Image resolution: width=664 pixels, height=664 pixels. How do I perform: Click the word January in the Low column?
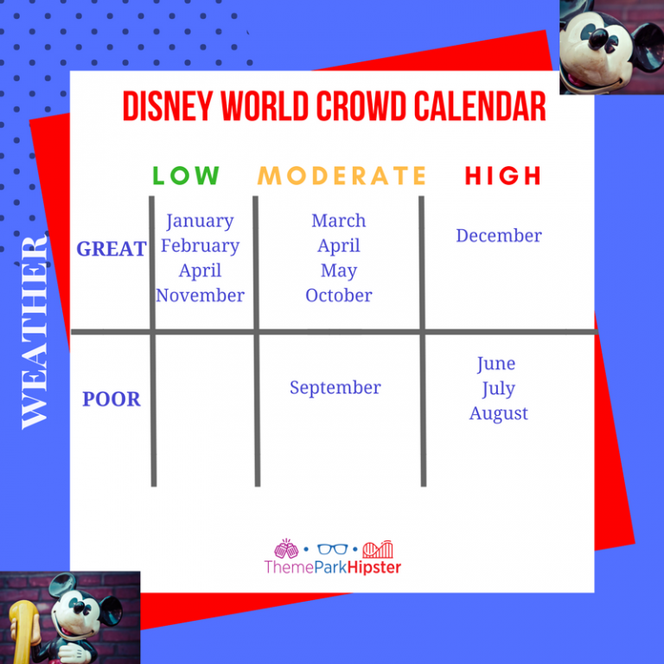click(x=200, y=221)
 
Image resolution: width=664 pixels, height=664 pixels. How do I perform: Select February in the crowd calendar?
click(x=200, y=246)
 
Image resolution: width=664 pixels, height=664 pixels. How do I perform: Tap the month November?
click(x=200, y=296)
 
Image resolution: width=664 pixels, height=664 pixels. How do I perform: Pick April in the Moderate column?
click(x=339, y=246)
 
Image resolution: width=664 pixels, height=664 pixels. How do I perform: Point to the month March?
click(x=339, y=220)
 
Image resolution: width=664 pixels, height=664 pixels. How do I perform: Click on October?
click(x=339, y=296)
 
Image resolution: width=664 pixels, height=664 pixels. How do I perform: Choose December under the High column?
click(x=499, y=235)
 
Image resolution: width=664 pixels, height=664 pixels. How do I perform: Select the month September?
click(x=335, y=387)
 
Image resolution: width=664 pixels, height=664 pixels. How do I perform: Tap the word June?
click(x=495, y=363)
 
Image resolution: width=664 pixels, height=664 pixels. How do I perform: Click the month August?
click(x=499, y=413)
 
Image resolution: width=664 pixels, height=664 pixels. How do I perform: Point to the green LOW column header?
click(x=186, y=176)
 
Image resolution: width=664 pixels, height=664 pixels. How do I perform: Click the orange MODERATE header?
click(x=342, y=176)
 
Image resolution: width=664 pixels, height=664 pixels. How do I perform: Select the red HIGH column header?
click(x=503, y=176)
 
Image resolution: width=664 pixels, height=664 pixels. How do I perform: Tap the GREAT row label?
click(x=112, y=249)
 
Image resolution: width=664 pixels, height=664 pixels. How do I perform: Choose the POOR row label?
click(x=112, y=399)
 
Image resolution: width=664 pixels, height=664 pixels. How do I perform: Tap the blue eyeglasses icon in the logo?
click(x=331, y=549)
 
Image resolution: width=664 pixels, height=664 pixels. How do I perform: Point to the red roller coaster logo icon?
click(x=378, y=549)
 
